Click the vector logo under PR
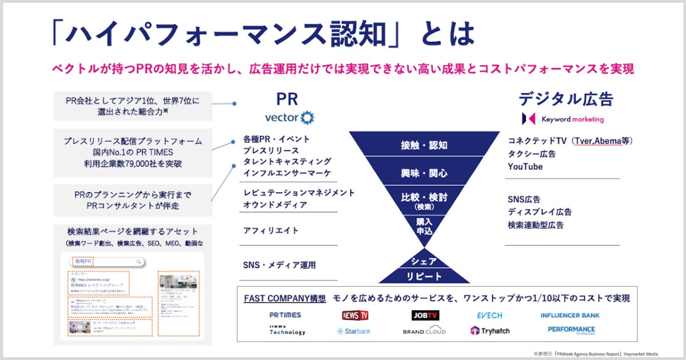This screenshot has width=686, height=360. [289, 118]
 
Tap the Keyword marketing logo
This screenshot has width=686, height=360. [563, 119]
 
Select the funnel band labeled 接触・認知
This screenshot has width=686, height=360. [424, 145]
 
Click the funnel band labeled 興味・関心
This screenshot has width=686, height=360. [424, 173]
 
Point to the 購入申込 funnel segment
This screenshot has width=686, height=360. [424, 226]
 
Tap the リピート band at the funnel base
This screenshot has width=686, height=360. [424, 277]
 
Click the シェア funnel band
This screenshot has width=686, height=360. [424, 262]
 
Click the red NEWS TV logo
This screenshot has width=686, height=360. [355, 315]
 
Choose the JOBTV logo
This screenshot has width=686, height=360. [425, 315]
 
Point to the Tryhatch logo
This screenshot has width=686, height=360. [490, 331]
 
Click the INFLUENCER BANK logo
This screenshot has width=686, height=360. [570, 315]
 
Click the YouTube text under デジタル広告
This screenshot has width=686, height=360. [525, 167]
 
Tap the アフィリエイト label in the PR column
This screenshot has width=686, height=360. [271, 230]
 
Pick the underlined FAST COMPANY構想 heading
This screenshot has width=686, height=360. [285, 298]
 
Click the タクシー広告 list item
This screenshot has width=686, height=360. [531, 154]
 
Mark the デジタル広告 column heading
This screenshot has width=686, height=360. [565, 99]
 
